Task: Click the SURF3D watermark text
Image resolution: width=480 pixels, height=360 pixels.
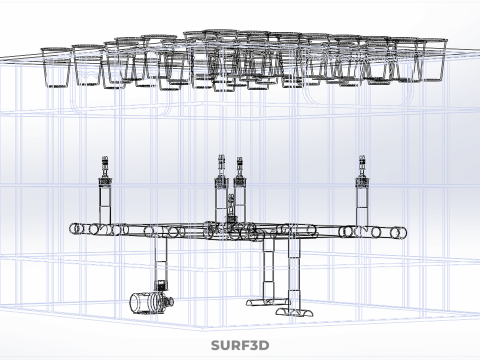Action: [x=240, y=345]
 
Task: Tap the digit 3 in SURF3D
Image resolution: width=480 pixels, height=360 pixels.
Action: [x=253, y=345]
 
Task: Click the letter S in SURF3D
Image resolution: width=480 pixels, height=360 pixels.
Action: [x=216, y=345]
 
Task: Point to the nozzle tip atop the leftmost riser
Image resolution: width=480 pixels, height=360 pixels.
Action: [x=105, y=159]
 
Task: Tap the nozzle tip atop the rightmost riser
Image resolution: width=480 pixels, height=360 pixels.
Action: [x=362, y=159]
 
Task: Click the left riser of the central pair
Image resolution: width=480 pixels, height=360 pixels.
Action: [x=221, y=193]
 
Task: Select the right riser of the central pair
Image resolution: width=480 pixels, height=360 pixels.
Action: [x=239, y=193]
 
